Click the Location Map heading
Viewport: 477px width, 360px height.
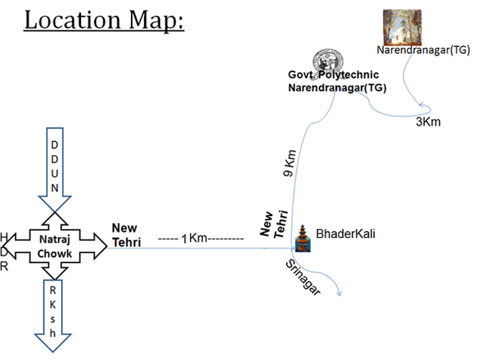pyautogui.click(x=104, y=20)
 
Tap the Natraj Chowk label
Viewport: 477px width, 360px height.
pyautogui.click(x=55, y=246)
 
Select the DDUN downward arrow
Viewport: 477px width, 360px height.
pyautogui.click(x=55, y=169)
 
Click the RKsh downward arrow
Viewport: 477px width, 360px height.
pyautogui.click(x=53, y=316)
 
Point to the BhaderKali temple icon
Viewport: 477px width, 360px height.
pyautogui.click(x=303, y=238)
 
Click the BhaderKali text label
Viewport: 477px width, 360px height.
pyautogui.click(x=345, y=234)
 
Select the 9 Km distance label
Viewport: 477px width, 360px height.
pyautogui.click(x=289, y=163)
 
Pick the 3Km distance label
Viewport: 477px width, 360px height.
pyautogui.click(x=428, y=122)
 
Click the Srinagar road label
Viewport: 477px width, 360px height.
pyautogui.click(x=303, y=277)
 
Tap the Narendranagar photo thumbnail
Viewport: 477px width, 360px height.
pyautogui.click(x=402, y=27)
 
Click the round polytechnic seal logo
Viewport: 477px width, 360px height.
pyautogui.click(x=329, y=61)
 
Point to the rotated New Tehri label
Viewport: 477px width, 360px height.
pyautogui.click(x=274, y=224)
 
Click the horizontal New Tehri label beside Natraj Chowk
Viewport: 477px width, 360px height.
pyautogui.click(x=126, y=235)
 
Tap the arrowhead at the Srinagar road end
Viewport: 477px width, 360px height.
pyautogui.click(x=339, y=294)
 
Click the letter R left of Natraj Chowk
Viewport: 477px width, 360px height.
pyautogui.click(x=4, y=267)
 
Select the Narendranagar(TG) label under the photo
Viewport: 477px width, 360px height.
pyautogui.click(x=423, y=50)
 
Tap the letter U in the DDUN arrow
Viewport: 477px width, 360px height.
pyautogui.click(x=55, y=174)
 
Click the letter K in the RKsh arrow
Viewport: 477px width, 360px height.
pyautogui.click(x=53, y=305)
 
